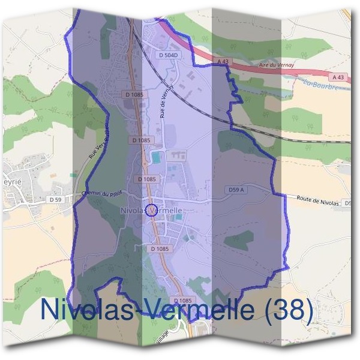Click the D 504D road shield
(170, 55)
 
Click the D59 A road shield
(236, 190)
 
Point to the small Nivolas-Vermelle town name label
(151, 211)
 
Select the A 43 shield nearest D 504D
(221, 62)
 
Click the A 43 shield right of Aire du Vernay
(337, 77)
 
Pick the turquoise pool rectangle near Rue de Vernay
(156, 158)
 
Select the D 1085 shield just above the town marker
(146, 179)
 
